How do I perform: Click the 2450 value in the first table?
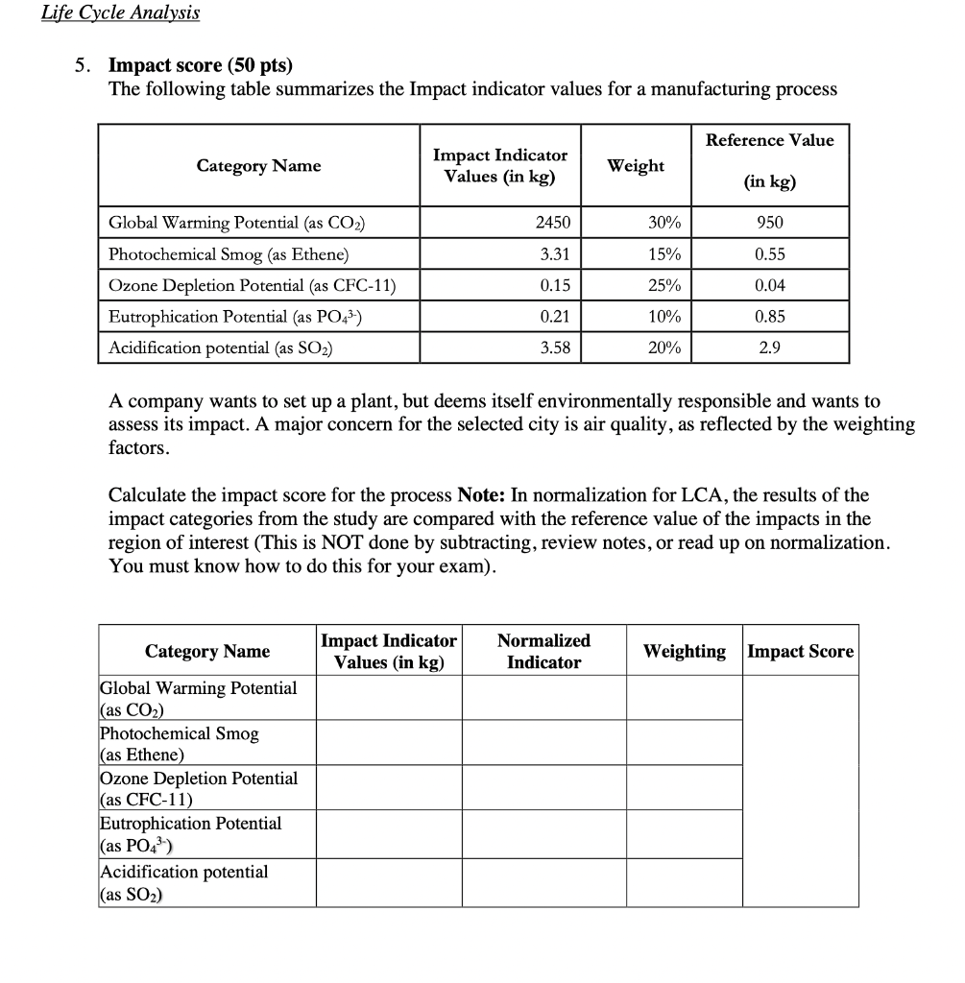[552, 223]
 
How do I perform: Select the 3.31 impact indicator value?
[555, 254]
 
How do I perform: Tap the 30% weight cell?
[663, 223]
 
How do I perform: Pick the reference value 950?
[769, 223]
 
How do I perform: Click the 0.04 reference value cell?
[769, 285]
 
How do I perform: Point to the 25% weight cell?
[663, 285]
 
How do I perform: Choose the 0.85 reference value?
[769, 316]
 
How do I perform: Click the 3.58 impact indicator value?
[555, 348]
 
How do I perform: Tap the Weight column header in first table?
[636, 165]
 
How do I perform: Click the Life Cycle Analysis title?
[121, 12]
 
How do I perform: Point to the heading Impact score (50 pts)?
[200, 65]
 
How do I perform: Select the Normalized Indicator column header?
[543, 651]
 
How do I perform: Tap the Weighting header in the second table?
[684, 651]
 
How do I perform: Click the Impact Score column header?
[800, 651]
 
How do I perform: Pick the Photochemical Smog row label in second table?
[179, 743]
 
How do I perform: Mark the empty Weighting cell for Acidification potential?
[684, 882]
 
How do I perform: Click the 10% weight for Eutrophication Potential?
[663, 316]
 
